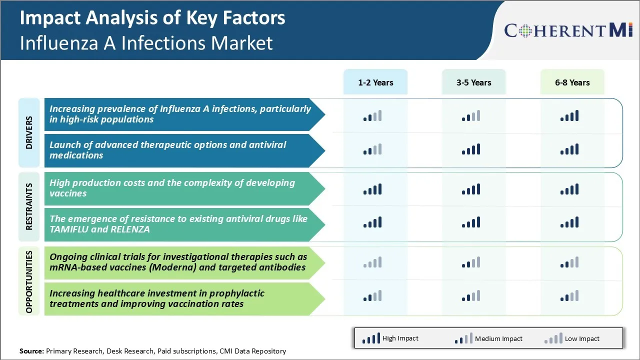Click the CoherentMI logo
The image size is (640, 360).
pos(568,30)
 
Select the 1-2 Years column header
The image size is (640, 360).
pos(375,82)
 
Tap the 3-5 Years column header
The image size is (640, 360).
pos(473,82)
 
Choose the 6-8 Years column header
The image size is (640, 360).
pos(572,82)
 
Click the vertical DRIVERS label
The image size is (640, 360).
pos(29,132)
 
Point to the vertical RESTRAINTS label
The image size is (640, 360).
pos(29,206)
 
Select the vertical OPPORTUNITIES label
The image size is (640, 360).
pos(29,281)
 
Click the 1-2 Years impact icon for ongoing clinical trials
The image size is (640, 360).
pos(372,262)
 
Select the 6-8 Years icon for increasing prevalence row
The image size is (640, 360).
pos(569,116)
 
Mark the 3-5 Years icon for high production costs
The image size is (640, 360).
pos(471,189)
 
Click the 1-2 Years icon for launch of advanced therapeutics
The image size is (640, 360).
pos(372,149)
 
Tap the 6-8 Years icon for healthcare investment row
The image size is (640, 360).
pos(569,296)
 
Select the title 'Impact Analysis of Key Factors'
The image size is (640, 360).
pos(152,18)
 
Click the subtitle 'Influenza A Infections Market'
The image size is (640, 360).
pos(146,43)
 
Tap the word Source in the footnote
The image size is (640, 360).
pos(31,351)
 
